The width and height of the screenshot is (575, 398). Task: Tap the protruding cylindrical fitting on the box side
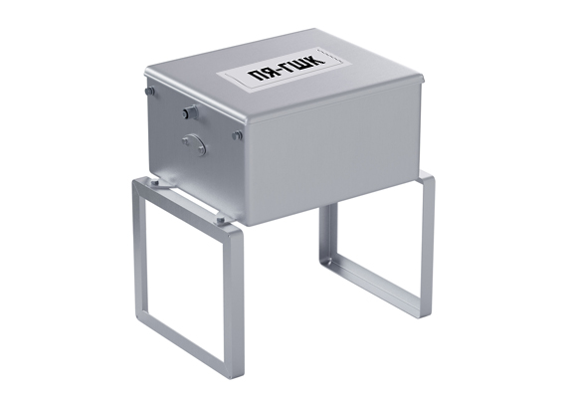click(190, 111)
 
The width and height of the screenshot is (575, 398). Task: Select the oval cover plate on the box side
click(195, 144)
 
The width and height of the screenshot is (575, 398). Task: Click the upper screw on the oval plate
click(186, 140)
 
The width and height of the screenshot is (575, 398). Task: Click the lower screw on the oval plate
click(201, 149)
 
